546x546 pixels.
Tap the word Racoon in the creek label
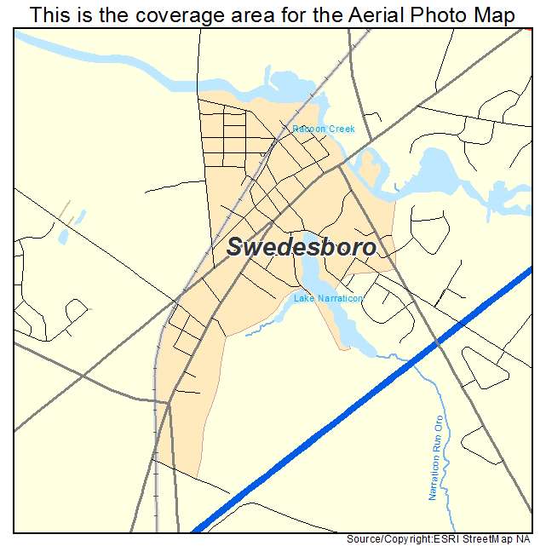305,129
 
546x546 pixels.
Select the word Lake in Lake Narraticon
302,299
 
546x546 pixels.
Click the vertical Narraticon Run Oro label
436,457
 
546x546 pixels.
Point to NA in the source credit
529,539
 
